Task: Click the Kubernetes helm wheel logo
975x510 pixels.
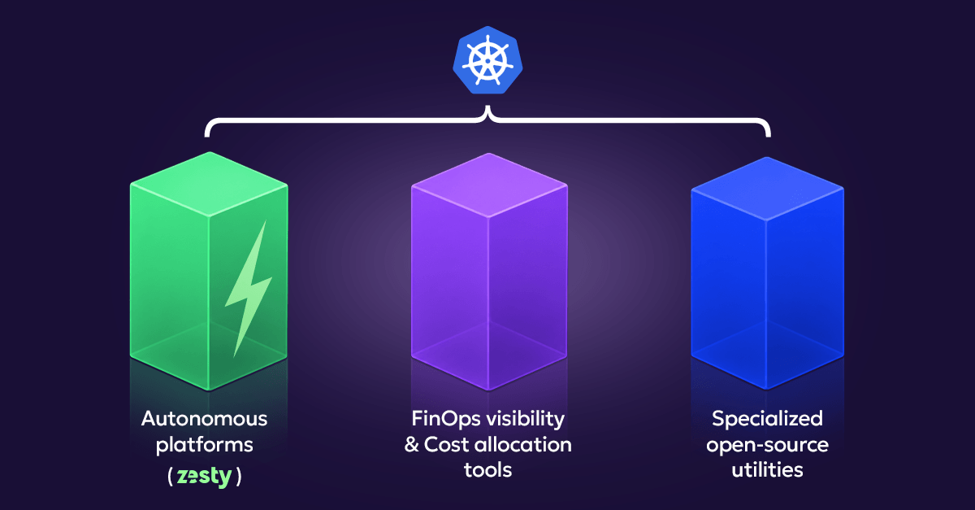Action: point(487,60)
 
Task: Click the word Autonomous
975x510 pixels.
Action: point(204,419)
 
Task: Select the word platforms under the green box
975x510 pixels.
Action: point(204,446)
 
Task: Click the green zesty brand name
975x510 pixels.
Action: point(204,477)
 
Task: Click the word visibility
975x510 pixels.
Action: point(526,420)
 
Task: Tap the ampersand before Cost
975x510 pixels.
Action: point(411,445)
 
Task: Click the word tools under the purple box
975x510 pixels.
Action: point(488,470)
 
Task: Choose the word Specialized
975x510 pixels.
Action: point(767,420)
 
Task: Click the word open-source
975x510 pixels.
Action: point(767,446)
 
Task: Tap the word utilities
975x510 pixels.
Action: point(767,470)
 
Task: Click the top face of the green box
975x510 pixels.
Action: point(209,184)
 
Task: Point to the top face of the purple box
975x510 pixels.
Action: point(489,185)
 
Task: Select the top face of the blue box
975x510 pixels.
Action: point(767,189)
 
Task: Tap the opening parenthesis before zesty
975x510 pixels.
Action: point(170,477)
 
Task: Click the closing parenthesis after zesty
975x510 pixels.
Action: point(239,477)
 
